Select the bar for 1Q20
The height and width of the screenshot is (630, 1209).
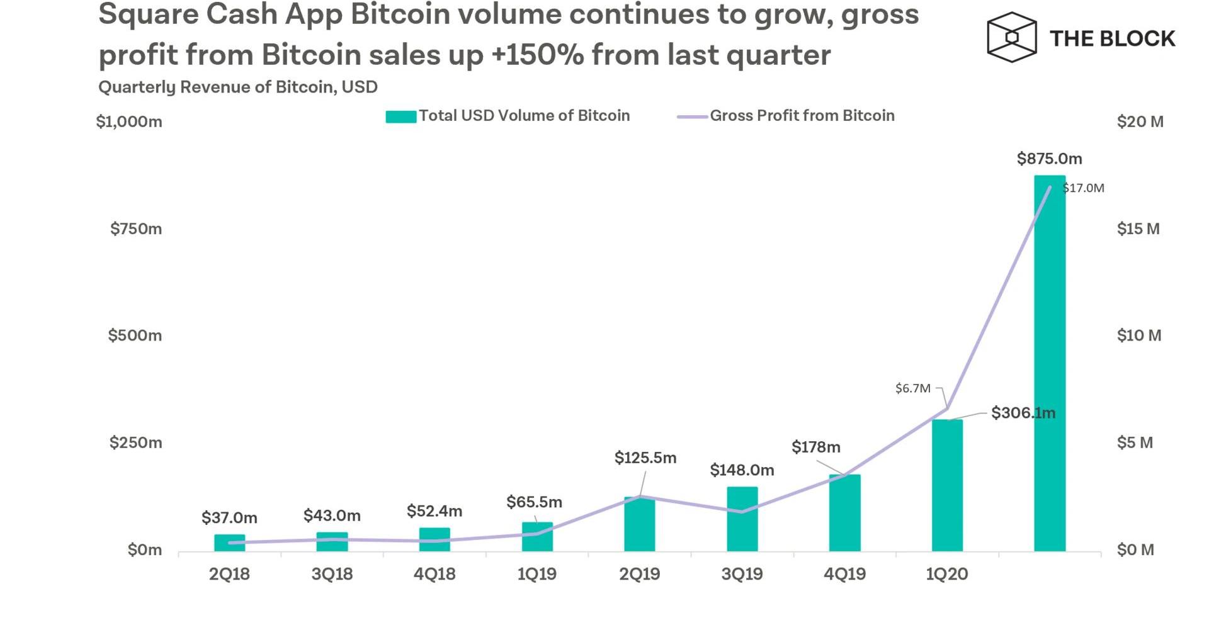[947, 485]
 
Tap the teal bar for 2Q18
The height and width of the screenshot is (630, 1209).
[229, 543]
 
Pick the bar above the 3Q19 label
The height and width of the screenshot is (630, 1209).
[742, 519]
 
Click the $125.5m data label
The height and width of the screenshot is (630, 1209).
[645, 458]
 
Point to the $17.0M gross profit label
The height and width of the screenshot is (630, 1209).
[1083, 188]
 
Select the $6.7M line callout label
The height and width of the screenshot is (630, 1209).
[912, 388]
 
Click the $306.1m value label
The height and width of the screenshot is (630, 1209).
[1023, 413]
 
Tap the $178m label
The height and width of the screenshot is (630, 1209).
[815, 447]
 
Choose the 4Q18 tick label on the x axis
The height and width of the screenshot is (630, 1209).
[434, 574]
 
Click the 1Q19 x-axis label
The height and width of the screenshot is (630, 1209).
[536, 574]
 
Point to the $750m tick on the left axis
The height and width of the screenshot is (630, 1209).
[136, 228]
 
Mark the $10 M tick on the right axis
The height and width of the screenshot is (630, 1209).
[1138, 335]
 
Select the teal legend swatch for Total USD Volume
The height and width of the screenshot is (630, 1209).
[400, 116]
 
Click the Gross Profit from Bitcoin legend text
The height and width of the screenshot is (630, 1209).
[802, 116]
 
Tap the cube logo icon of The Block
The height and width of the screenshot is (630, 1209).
[1011, 37]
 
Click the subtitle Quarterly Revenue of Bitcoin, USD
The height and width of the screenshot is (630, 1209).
[238, 87]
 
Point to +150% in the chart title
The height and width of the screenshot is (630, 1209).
[537, 55]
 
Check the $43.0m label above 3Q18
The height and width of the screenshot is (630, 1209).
[332, 516]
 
